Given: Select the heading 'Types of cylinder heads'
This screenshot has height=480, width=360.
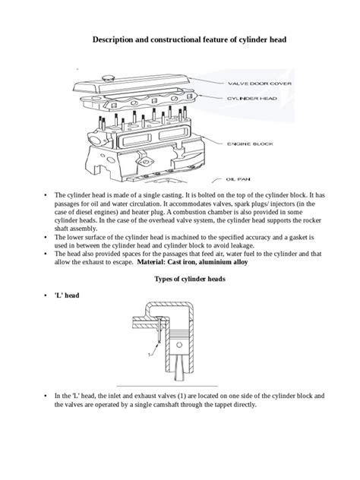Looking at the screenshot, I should pyautogui.click(x=179, y=279).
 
